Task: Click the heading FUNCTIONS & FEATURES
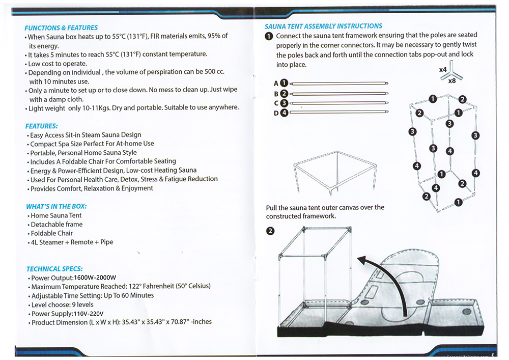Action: point(61,28)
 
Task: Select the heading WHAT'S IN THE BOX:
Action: point(56,206)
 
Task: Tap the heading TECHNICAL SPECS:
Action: point(54,269)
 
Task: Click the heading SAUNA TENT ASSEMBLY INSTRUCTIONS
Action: point(323,26)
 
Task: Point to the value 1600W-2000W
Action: point(95,278)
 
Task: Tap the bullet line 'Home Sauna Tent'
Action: point(56,215)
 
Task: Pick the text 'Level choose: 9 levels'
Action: point(62,304)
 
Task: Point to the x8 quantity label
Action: point(452,81)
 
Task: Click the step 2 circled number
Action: point(270,231)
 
